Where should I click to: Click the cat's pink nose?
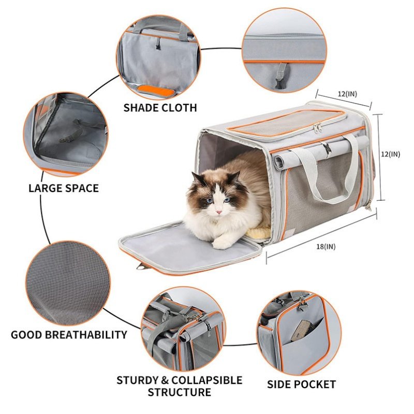click(218, 212)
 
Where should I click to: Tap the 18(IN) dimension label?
click(326, 246)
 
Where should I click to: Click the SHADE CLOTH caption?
click(160, 108)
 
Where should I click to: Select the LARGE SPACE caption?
click(64, 188)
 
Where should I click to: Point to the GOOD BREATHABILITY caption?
click(69, 334)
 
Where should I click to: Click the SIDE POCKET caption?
click(301, 384)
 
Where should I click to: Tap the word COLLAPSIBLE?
click(206, 380)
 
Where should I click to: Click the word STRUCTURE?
click(179, 392)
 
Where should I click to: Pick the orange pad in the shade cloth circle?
click(157, 91)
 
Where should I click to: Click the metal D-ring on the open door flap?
click(140, 267)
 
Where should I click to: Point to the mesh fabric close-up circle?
click(68, 283)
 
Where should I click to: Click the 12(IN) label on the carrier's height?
click(390, 154)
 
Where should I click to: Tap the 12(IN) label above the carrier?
click(347, 94)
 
